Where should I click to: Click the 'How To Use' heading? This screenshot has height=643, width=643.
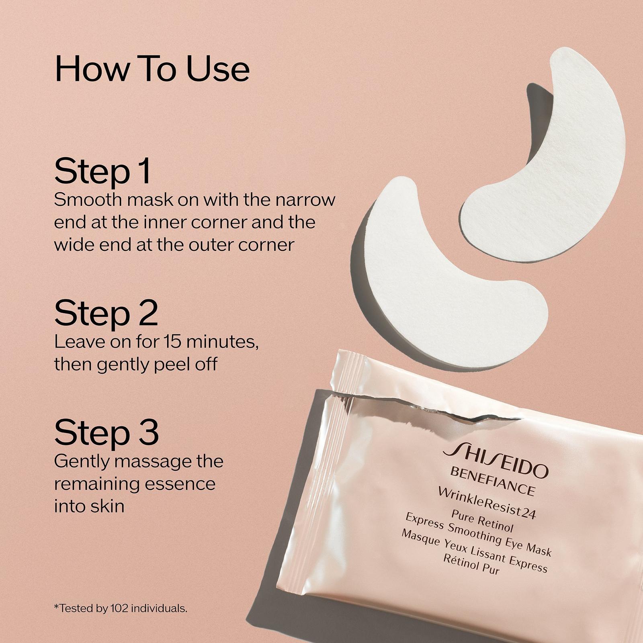click(x=152, y=69)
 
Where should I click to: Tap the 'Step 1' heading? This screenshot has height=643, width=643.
click(x=102, y=171)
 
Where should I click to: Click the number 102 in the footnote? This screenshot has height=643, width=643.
click(x=117, y=608)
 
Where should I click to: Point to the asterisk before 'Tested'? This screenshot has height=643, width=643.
click(x=56, y=606)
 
